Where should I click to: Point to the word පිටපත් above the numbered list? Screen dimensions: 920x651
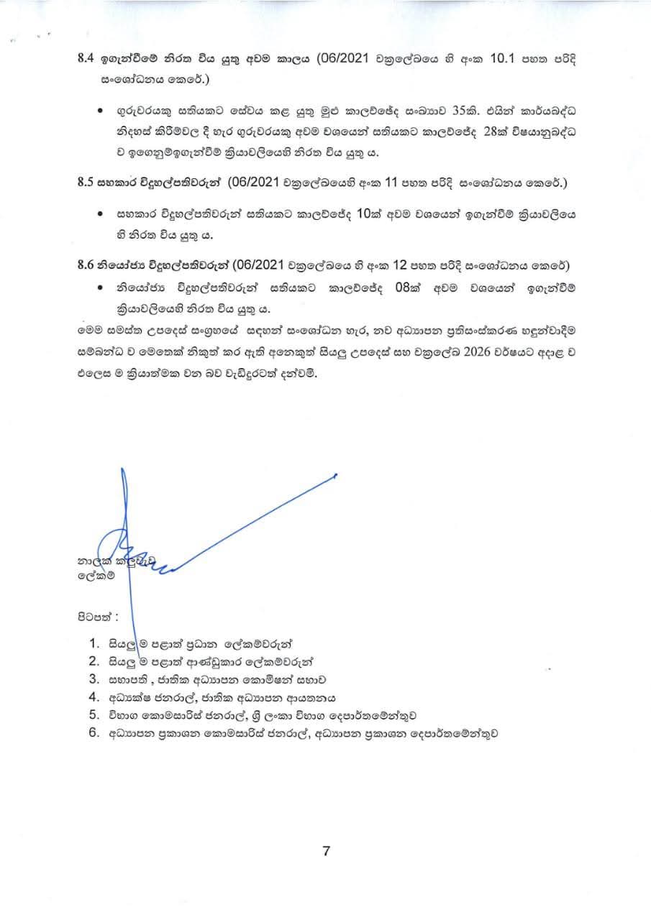tap(96, 616)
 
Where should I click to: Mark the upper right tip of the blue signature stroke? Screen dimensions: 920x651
tap(336, 475)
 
